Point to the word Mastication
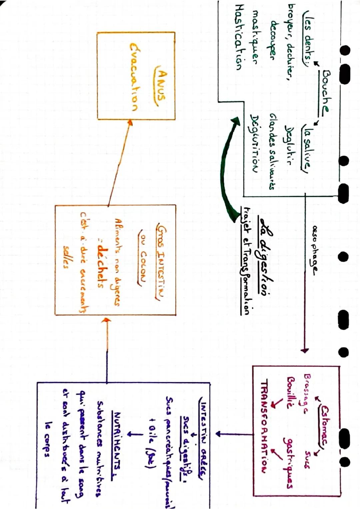coord(239,42)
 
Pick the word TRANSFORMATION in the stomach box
coord(265,427)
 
